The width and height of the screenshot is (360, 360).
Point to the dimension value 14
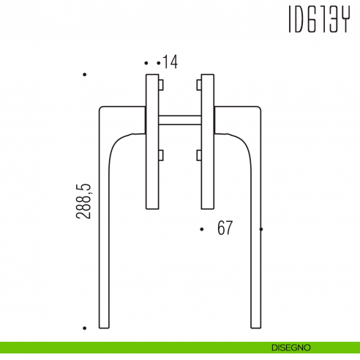point(170,62)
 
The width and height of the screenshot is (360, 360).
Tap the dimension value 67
point(225,228)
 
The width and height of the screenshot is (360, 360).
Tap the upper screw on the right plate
point(198,86)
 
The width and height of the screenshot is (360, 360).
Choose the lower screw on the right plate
point(198,154)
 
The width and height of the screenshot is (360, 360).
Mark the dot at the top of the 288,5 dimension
point(85,75)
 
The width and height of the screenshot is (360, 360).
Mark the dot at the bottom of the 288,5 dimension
point(85,329)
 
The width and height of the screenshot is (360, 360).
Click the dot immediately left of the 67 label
point(201,229)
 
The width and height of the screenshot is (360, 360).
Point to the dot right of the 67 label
point(262,229)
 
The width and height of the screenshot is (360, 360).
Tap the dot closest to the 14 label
point(158,63)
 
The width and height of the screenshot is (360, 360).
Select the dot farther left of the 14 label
point(146,63)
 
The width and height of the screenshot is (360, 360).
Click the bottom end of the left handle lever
point(104,328)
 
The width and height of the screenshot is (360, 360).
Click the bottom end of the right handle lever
point(255,328)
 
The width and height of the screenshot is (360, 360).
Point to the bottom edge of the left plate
point(152,210)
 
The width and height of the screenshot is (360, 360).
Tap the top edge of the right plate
point(206,74)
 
